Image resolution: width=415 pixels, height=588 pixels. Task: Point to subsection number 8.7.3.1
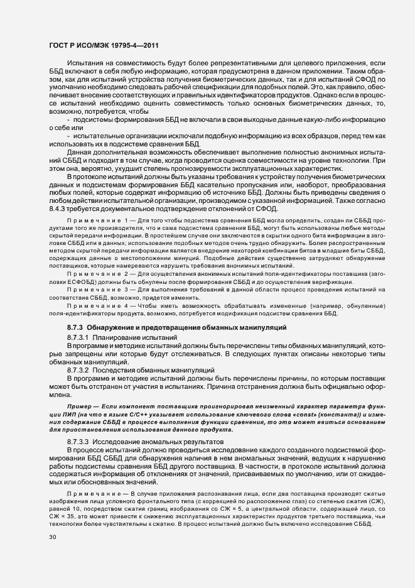[x=79, y=338]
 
